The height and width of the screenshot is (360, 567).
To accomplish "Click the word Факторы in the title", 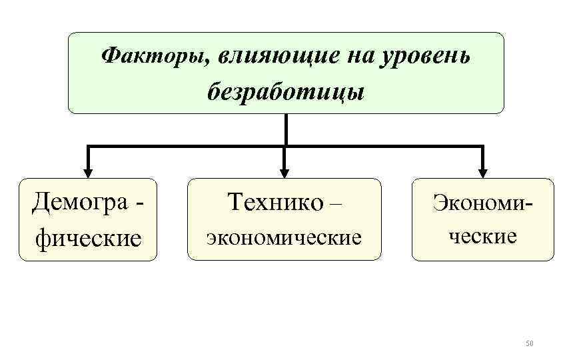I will click(153, 57).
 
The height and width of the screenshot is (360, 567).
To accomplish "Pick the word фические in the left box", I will click(88, 237).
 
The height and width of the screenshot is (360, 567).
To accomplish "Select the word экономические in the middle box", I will click(284, 236).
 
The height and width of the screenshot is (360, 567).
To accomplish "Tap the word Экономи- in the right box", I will click(484, 201).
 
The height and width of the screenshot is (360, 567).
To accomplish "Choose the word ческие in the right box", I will click(482, 235).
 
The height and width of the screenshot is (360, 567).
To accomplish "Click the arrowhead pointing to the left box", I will click(87, 171).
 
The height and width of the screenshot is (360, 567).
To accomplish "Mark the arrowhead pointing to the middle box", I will click(284, 171).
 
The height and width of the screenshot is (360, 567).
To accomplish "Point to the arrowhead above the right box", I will click(482, 171).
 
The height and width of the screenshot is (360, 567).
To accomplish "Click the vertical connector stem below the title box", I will click(285, 129).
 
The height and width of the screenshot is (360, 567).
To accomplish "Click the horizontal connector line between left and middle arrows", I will click(186, 145).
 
